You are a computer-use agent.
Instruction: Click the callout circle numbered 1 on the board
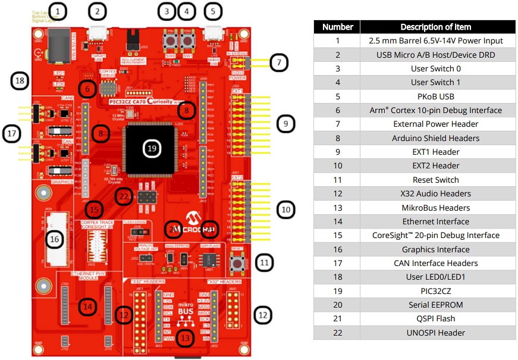click(57, 11)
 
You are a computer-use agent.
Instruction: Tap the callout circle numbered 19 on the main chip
click(152, 148)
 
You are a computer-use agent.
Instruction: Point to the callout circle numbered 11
click(265, 262)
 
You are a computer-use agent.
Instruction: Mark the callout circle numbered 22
click(124, 196)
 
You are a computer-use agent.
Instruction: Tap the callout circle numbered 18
click(20, 81)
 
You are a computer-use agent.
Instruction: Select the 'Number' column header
click(337, 27)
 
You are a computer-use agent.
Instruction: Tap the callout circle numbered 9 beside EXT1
click(285, 124)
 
